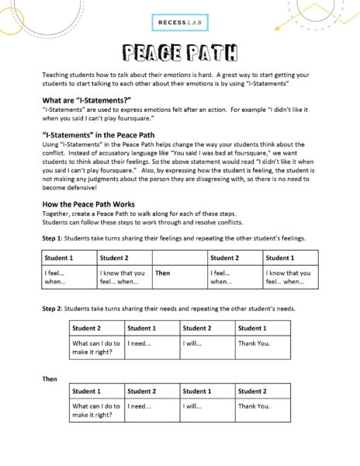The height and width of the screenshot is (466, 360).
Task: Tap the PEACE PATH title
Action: [x=180, y=53]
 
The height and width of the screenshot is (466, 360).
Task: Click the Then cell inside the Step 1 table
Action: [x=163, y=273]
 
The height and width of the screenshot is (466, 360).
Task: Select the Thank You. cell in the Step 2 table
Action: [x=254, y=342]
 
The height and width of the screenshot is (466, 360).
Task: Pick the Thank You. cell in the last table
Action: [x=254, y=405]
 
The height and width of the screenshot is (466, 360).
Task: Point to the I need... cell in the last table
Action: [x=139, y=405]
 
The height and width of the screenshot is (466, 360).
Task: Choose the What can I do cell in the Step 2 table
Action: [x=96, y=346]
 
